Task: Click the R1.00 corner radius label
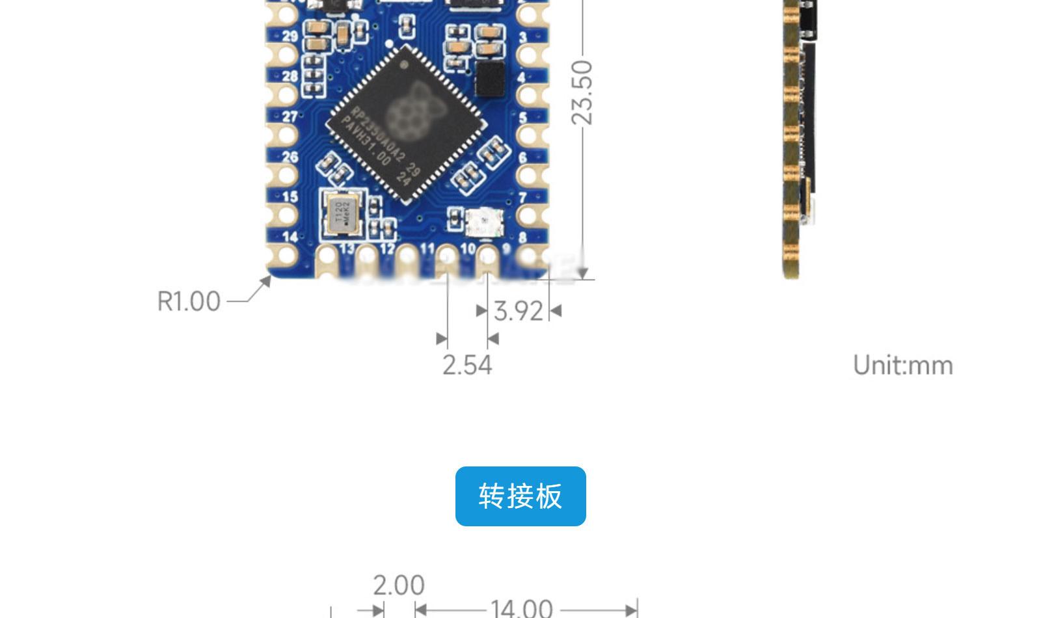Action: [x=189, y=302]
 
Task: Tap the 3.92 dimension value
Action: [x=519, y=311]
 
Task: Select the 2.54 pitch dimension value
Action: [x=467, y=365]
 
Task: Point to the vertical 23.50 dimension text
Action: [x=582, y=92]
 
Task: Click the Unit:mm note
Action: [x=902, y=366]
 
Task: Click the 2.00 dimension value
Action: [x=398, y=585]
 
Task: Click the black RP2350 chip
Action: [x=407, y=124]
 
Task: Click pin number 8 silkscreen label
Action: [x=522, y=238]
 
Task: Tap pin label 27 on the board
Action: [x=290, y=116]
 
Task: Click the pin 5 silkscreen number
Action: [x=522, y=118]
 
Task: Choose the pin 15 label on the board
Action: [x=290, y=196]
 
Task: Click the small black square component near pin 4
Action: [x=490, y=78]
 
